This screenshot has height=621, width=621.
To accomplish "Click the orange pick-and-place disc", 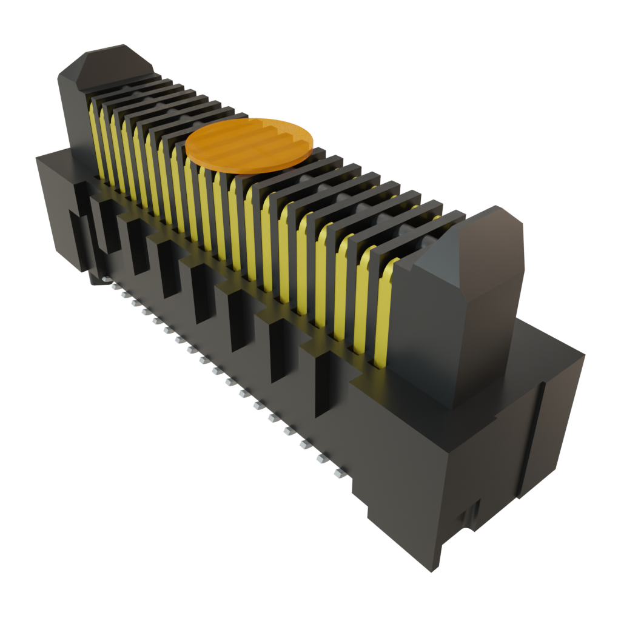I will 249,144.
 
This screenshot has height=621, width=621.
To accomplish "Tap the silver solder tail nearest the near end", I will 340,472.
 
